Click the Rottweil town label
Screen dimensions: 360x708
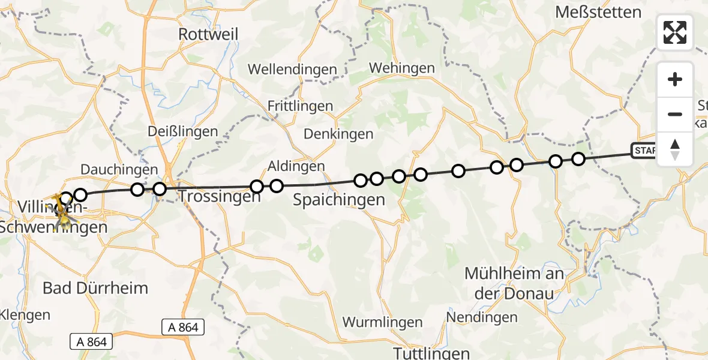[208, 34]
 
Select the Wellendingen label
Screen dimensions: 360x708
[292, 70]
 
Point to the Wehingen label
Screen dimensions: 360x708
[401, 68]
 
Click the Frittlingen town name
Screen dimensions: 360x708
[300, 106]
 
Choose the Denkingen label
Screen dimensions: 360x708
[338, 134]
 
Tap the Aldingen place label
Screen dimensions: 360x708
[296, 166]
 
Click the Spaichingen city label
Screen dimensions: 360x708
[338, 200]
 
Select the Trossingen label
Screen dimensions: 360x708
[219, 196]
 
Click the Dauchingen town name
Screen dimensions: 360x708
[119, 170]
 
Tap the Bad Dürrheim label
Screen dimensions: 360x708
[95, 287]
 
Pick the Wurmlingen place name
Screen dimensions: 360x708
[382, 322]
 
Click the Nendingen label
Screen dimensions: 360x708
[482, 317]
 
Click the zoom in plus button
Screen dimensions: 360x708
[675, 79]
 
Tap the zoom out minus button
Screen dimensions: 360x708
[675, 114]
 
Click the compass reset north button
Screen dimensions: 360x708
[675, 149]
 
